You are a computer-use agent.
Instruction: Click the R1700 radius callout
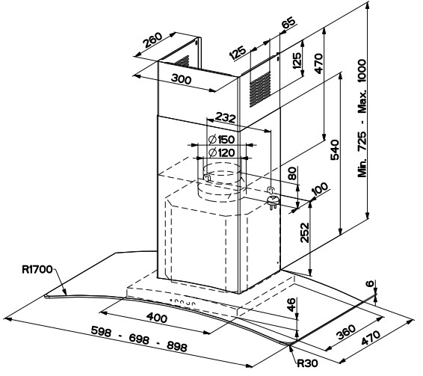tap(37, 269)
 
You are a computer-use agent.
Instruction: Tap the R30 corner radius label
tap(307, 363)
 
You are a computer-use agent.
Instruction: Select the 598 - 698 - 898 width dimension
tap(139, 339)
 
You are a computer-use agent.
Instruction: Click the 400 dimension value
tap(157, 318)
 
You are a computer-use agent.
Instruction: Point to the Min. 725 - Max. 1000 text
tap(362, 118)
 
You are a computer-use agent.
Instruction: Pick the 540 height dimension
tap(335, 150)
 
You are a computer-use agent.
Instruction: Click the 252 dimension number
tap(305, 232)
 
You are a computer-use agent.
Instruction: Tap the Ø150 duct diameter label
tap(221, 140)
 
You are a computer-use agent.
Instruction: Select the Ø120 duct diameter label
tap(221, 153)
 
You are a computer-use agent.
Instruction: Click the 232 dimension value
tap(225, 117)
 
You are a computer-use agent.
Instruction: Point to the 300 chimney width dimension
tap(182, 79)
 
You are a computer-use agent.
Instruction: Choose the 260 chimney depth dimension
tap(152, 40)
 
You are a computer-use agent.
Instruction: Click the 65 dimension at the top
tap(288, 22)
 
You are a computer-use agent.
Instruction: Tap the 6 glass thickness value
tap(371, 283)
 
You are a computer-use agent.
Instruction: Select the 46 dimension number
tap(292, 305)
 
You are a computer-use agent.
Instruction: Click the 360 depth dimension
tap(346, 332)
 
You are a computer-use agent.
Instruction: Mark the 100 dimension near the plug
tap(320, 188)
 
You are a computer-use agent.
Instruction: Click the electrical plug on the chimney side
tap(273, 200)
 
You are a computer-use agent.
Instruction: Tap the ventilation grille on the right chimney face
tap(260, 89)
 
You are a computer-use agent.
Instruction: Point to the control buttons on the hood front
tap(182, 302)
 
